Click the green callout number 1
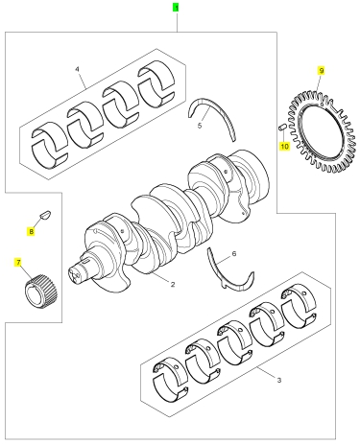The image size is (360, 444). pos(176,8)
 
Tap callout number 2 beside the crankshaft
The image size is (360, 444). pos(173,284)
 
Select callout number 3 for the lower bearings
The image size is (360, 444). pos(278,380)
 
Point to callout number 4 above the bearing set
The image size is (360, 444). pos(77,69)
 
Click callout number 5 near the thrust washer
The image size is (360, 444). pos(200,126)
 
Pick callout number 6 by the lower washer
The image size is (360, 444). pos(234,254)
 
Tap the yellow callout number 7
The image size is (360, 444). pos(18,263)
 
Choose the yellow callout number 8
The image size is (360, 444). pos(31,231)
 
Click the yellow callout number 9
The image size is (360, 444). pos(322,70)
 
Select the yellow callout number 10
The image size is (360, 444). pos(284,147)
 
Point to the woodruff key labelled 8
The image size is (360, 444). pos(45,214)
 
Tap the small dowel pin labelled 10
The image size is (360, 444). pos(280,128)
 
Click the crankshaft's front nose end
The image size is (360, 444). pos(77,272)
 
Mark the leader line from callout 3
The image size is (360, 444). pos(266,373)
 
